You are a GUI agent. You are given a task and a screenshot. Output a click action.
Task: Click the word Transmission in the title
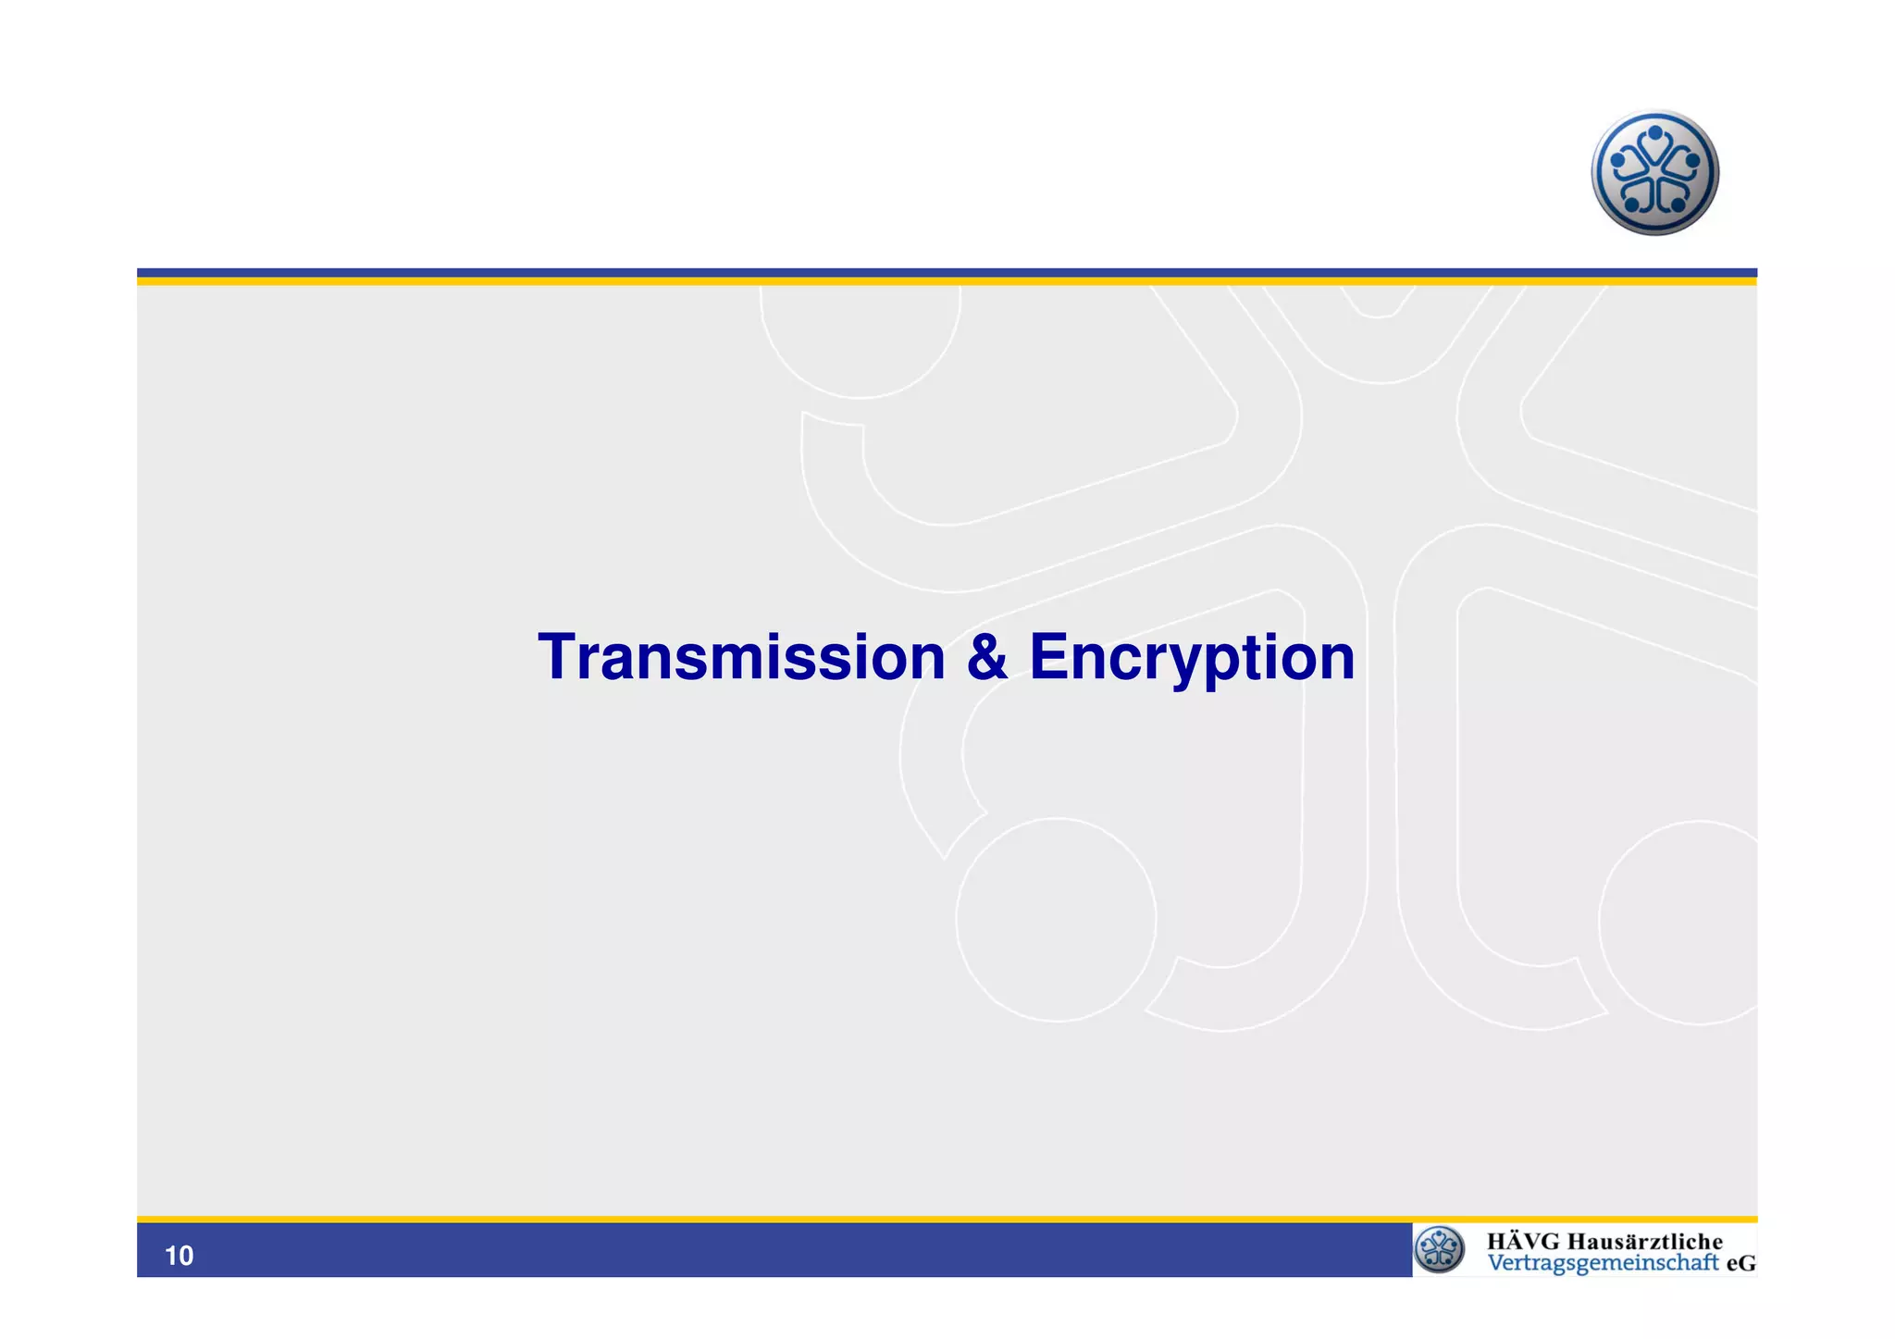pyautogui.click(x=741, y=658)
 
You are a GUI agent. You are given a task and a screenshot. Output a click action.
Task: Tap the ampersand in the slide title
pyautogui.click(x=986, y=658)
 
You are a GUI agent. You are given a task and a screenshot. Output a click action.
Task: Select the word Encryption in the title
pyautogui.click(x=1192, y=658)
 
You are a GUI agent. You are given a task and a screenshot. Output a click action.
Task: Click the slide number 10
pyautogui.click(x=179, y=1256)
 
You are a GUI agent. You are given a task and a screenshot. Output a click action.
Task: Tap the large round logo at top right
pyautogui.click(x=1654, y=173)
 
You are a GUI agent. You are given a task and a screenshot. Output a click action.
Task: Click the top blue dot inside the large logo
pyautogui.click(x=1655, y=134)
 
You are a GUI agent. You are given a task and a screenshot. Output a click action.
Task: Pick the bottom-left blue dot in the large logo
pyautogui.click(x=1632, y=204)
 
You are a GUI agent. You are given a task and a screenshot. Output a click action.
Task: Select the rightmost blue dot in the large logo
pyautogui.click(x=1692, y=161)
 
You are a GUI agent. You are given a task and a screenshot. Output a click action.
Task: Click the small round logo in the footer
pyautogui.click(x=1440, y=1249)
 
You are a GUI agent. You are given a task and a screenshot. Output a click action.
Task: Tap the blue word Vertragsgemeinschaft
pyautogui.click(x=1603, y=1263)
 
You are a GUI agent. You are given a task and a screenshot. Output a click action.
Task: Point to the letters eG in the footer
pyautogui.click(x=1740, y=1263)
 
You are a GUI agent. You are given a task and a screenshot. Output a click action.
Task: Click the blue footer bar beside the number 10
pyautogui.click(x=740, y=1251)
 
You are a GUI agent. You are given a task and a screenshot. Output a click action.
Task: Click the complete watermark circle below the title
pyautogui.click(x=1056, y=920)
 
